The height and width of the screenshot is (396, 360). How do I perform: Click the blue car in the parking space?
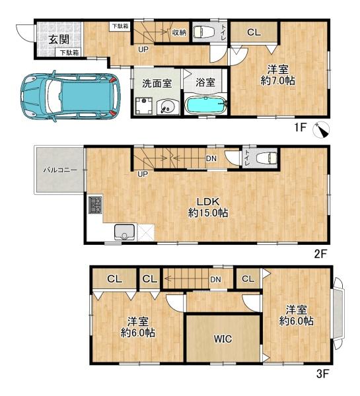[71, 96]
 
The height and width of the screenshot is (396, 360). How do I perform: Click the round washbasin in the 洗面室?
[168, 107]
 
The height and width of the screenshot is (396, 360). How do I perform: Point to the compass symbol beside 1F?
[321, 130]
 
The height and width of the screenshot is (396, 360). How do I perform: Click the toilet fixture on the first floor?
[203, 32]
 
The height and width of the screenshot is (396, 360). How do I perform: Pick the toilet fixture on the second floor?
[266, 158]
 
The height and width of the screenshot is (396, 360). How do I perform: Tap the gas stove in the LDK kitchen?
[96, 205]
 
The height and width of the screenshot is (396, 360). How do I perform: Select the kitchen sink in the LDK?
[124, 232]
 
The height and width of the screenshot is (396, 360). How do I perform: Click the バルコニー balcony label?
[60, 170]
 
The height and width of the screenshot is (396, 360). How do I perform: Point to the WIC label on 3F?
[223, 339]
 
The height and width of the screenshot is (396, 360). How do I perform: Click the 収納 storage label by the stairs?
[179, 32]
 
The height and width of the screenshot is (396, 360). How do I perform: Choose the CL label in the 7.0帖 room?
[254, 32]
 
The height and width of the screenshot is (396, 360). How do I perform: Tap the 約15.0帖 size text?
[208, 213]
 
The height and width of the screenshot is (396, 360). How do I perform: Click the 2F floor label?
[321, 254]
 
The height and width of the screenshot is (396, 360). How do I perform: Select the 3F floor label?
[322, 374]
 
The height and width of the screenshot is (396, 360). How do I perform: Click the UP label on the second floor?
[142, 174]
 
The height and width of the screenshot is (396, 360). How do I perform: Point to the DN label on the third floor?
[215, 279]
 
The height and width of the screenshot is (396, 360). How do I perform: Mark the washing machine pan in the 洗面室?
[144, 106]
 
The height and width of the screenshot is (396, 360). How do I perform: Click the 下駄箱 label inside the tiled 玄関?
[69, 53]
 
